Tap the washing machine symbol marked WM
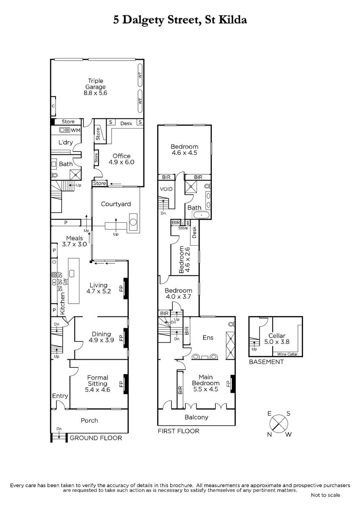click(65, 130)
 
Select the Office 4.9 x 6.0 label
click(121, 159)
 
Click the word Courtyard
click(116, 204)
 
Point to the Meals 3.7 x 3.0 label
click(74, 241)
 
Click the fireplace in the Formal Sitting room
click(125, 384)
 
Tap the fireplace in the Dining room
click(125, 338)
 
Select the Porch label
click(90, 421)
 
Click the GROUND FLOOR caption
click(96, 438)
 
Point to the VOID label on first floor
click(166, 189)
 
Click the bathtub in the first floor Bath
click(201, 215)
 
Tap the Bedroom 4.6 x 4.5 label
click(184, 150)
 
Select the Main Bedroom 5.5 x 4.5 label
click(205, 383)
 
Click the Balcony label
click(197, 417)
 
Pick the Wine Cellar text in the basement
click(287, 354)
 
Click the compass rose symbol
click(279, 424)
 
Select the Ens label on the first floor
click(208, 338)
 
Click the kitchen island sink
click(72, 273)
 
